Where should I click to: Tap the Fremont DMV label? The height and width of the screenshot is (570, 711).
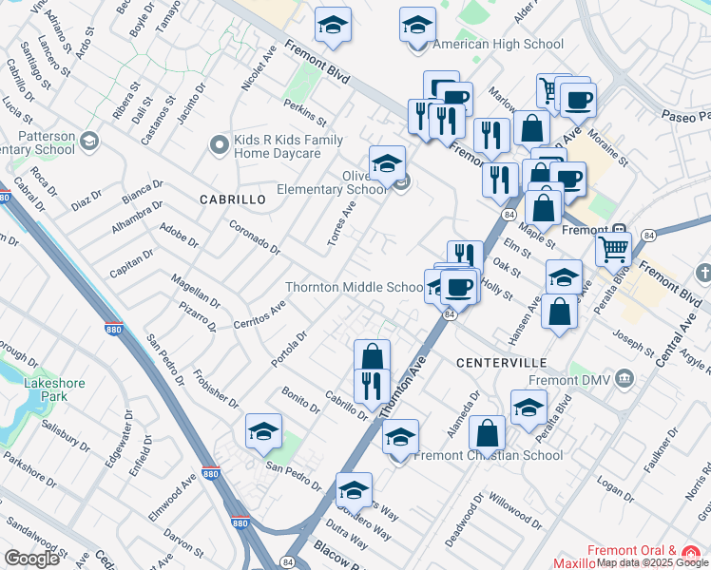tap(581, 380)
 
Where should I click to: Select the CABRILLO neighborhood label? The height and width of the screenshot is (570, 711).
tap(232, 199)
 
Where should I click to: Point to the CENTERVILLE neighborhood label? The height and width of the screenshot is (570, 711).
tap(501, 363)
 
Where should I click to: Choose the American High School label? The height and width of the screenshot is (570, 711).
tap(498, 44)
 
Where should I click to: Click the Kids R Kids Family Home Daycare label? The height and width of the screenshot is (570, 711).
tap(289, 146)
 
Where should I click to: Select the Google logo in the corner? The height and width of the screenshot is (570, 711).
tap(31, 558)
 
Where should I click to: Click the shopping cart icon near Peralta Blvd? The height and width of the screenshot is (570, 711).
tap(613, 250)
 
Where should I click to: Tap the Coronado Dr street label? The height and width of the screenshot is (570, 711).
tap(256, 237)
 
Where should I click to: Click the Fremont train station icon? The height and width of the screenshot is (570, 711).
tap(619, 229)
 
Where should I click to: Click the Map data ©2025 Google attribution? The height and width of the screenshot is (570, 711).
tap(653, 563)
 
